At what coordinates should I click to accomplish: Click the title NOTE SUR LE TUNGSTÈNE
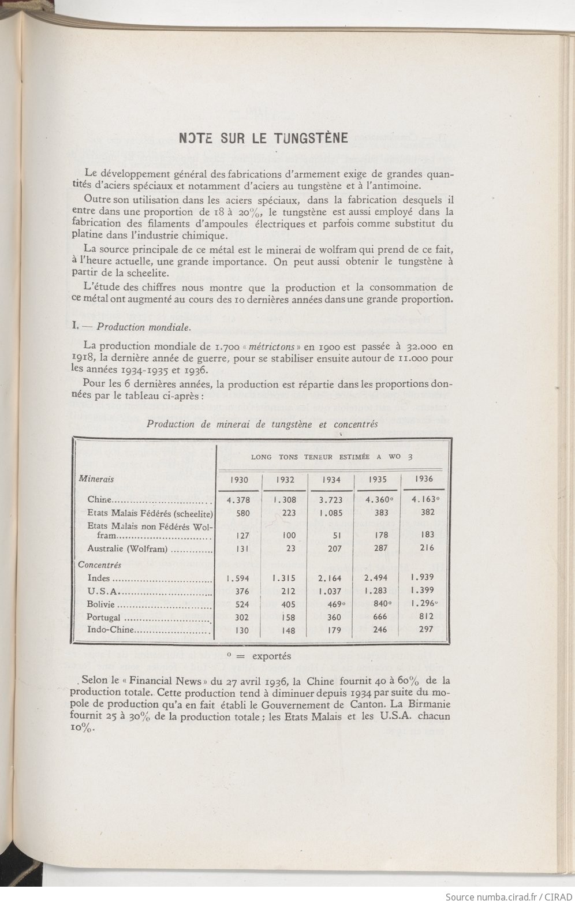(x=263, y=138)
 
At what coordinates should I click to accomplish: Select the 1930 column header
(x=238, y=479)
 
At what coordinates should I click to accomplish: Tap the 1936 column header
(x=424, y=479)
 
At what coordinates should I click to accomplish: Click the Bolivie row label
(x=101, y=604)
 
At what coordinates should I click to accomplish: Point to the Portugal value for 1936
(x=426, y=616)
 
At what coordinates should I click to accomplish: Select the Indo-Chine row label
(x=110, y=630)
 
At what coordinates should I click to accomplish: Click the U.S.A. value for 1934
(x=330, y=591)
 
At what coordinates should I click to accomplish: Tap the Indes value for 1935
(x=376, y=578)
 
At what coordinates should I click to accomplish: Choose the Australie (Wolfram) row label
(x=127, y=549)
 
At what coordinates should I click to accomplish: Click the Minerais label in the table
(x=96, y=479)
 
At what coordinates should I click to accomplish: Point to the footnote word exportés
(x=271, y=656)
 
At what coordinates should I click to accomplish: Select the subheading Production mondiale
(x=143, y=327)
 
